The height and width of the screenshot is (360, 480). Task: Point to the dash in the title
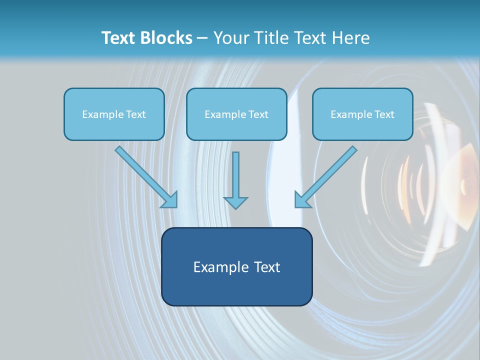tap(202, 38)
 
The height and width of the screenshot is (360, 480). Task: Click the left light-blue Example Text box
tap(114, 114)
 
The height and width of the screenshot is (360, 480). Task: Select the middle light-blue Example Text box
tap(236, 114)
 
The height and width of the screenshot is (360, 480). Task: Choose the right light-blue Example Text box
tap(362, 114)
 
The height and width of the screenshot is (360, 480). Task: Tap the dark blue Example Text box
tap(236, 266)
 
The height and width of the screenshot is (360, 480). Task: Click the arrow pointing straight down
tap(235, 177)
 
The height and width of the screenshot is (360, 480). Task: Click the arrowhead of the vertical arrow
tap(235, 202)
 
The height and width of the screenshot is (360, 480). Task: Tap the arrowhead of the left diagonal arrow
tap(170, 200)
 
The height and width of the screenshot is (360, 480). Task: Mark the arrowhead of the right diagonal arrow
tap(302, 199)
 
